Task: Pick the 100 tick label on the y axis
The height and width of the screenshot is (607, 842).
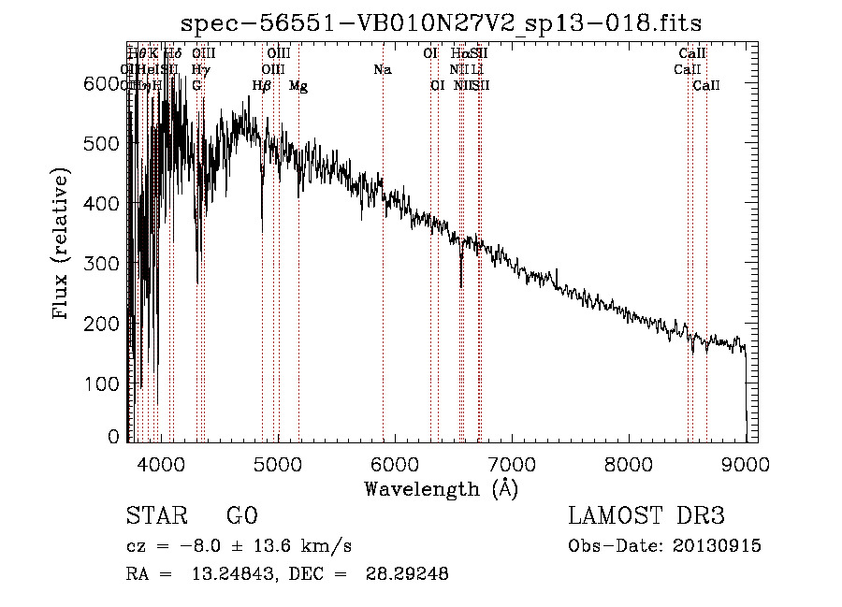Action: [x=100, y=383]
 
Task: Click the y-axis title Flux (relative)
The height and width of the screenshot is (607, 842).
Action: [x=63, y=245]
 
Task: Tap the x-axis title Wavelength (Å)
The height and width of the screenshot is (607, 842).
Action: [x=441, y=488]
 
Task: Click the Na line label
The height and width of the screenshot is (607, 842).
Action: [x=382, y=69]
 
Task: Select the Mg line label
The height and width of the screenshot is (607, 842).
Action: [x=298, y=86]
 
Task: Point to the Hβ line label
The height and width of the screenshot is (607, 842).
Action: [x=262, y=86]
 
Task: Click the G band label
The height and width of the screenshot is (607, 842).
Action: [x=196, y=86]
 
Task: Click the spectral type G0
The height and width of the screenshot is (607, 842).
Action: [x=241, y=516]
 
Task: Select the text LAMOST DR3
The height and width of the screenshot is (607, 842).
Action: [x=646, y=516]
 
